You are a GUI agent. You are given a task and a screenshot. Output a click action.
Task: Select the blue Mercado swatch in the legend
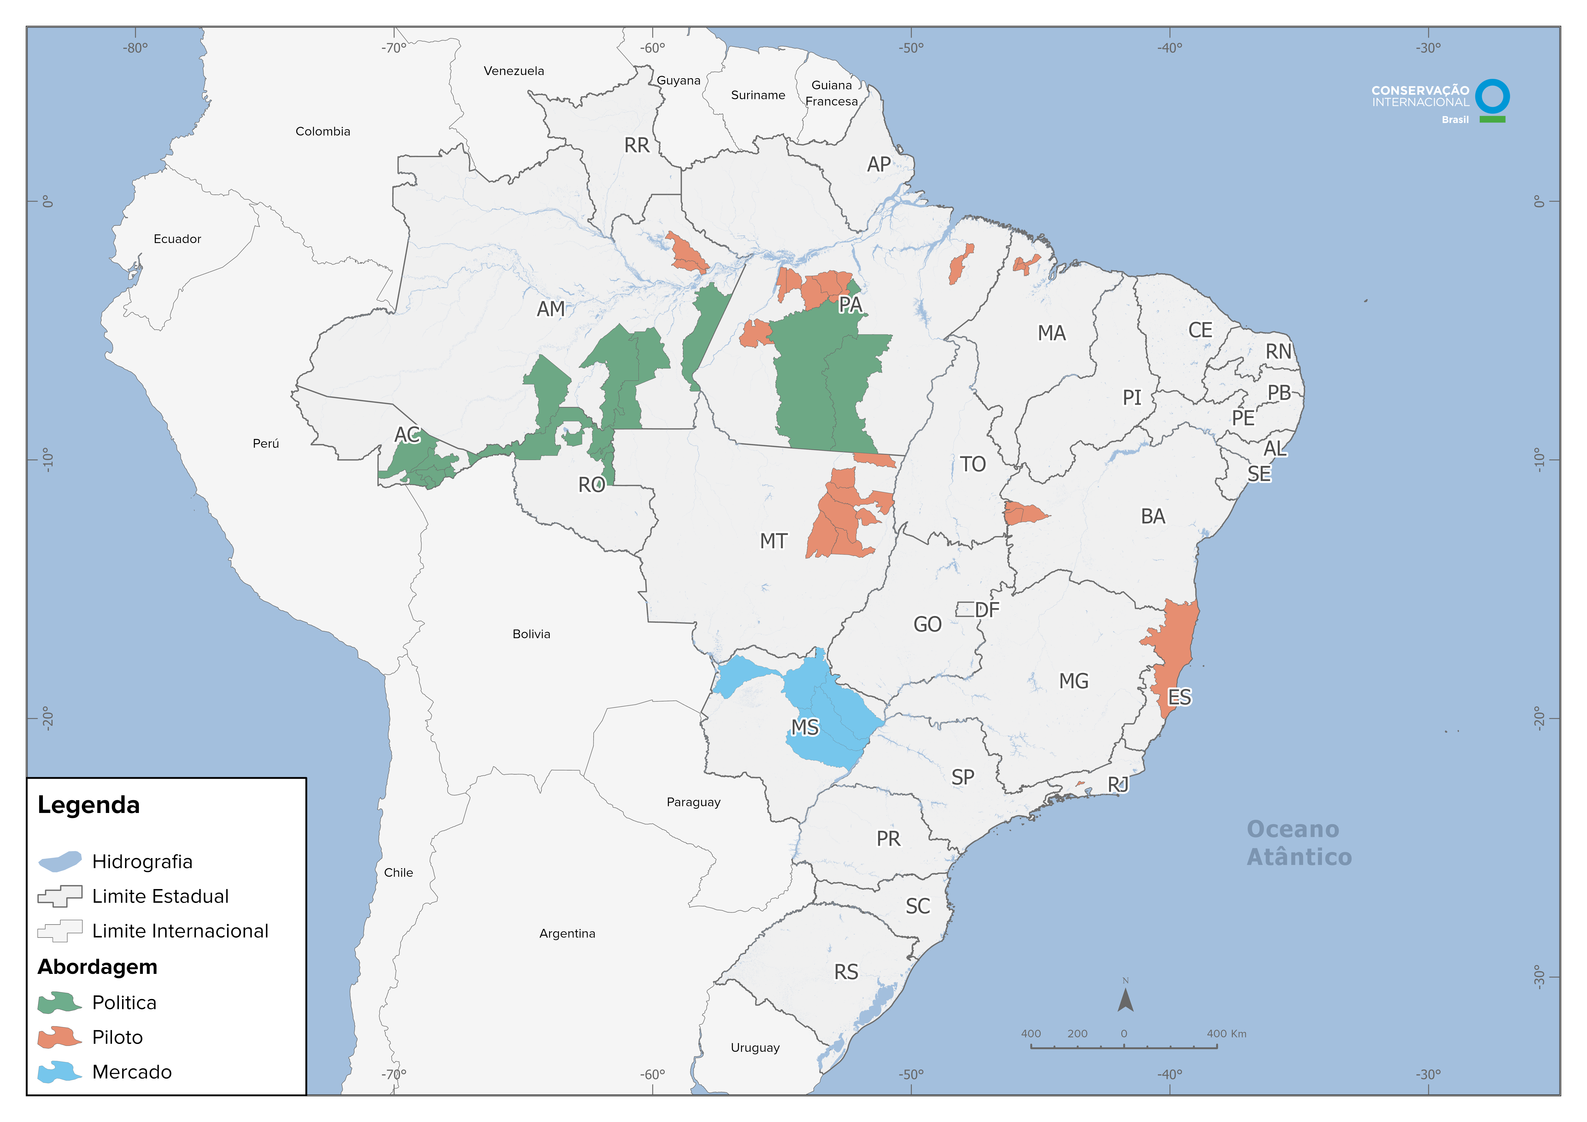60,1072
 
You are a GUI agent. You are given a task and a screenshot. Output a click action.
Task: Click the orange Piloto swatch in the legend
60,1037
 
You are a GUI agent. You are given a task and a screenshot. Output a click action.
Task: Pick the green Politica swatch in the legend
60,1002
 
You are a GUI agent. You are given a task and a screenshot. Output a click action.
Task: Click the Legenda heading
88,805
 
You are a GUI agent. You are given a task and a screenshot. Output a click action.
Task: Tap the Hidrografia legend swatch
60,861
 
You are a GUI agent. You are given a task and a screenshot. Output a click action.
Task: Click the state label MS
805,727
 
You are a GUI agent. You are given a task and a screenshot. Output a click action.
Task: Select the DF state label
987,610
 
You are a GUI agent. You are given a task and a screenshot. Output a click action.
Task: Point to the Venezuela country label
514,71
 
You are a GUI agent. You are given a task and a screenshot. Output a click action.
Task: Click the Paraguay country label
693,802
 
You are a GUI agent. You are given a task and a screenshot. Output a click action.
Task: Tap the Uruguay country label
755,1047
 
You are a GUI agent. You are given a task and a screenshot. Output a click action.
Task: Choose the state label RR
637,145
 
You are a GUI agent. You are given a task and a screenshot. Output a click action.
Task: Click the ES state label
1179,697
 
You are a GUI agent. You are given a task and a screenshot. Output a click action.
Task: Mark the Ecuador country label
177,238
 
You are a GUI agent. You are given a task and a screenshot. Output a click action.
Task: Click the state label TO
973,464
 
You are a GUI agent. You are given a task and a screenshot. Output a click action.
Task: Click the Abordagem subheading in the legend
98,967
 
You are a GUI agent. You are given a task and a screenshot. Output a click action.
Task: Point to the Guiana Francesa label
832,93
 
